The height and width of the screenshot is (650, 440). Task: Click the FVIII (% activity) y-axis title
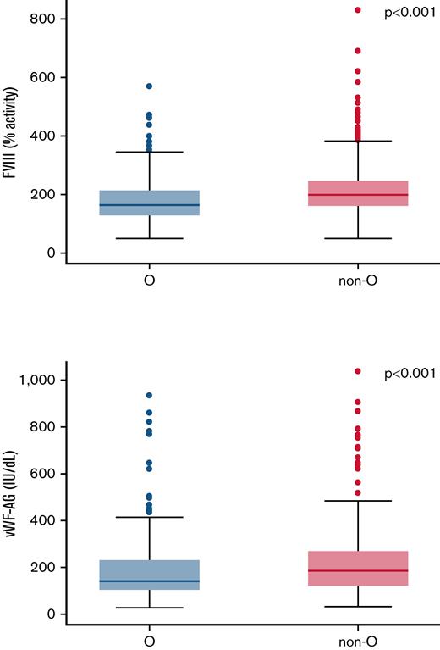tap(12, 136)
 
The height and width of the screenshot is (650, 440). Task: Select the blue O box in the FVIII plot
tap(149, 203)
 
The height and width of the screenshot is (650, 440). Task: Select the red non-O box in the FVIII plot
tap(358, 193)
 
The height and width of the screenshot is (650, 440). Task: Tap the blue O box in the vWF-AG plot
tap(149, 575)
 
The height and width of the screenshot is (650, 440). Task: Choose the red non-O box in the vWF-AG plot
tap(358, 580)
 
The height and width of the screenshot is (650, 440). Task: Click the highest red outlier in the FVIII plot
tap(358, 10)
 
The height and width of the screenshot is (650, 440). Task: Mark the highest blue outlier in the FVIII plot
tap(149, 86)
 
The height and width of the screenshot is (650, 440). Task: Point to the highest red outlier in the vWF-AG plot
tap(358, 371)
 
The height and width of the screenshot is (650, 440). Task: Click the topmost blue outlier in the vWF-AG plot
tap(149, 396)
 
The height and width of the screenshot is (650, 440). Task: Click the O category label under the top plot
tap(149, 281)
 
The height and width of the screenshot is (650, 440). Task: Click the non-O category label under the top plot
tap(358, 281)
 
